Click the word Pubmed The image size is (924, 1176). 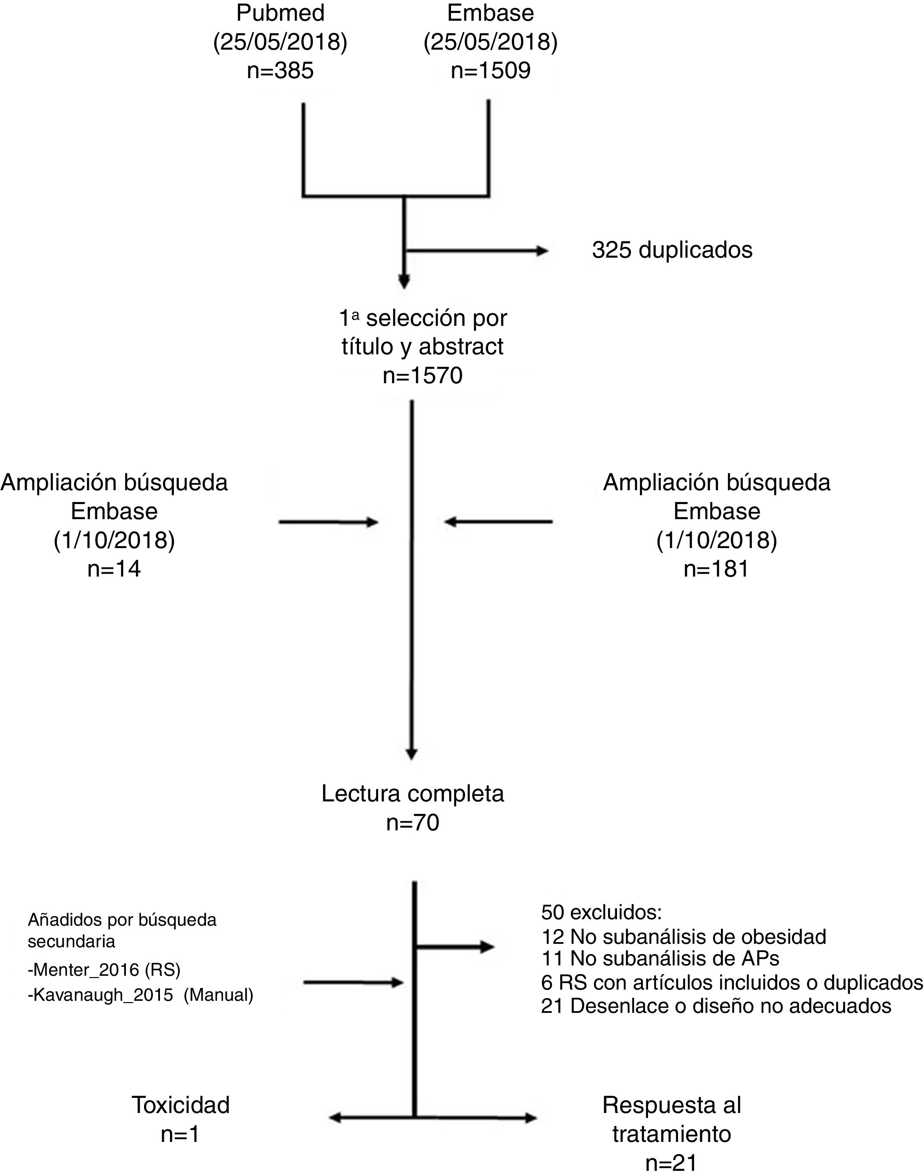[x=280, y=13]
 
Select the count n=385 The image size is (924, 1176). [x=280, y=70]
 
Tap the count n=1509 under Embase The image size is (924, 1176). [x=491, y=70]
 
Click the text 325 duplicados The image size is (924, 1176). [x=672, y=250]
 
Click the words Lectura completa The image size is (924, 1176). [x=413, y=794]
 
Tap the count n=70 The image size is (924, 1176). [x=413, y=823]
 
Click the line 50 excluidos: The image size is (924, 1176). [x=601, y=912]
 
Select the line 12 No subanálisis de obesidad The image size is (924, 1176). [x=684, y=936]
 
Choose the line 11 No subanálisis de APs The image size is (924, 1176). [x=660, y=958]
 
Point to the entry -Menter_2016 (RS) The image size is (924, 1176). [x=104, y=969]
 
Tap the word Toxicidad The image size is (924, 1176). [x=181, y=1105]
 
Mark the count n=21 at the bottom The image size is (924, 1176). [x=671, y=1163]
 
